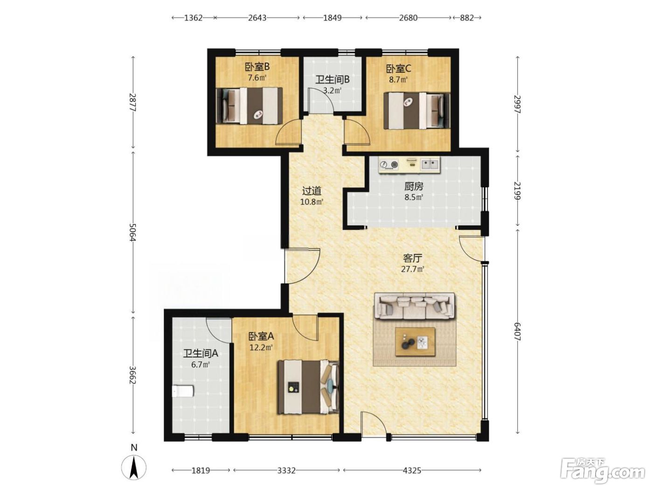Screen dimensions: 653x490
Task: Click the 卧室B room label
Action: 257,67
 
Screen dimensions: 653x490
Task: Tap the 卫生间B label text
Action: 332,80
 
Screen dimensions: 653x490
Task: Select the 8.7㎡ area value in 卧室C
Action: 398,80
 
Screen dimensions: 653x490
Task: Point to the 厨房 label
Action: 414,187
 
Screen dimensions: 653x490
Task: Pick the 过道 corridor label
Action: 312,191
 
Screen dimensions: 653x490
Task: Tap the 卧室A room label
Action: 261,336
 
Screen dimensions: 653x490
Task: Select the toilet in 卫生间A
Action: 183,391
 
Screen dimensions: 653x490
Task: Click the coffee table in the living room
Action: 415,342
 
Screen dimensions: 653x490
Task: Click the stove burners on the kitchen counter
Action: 389,164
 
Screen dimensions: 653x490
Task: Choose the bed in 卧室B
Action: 249,105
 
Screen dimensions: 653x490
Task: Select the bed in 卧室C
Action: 417,111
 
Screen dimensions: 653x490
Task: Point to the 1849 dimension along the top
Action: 332,18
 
